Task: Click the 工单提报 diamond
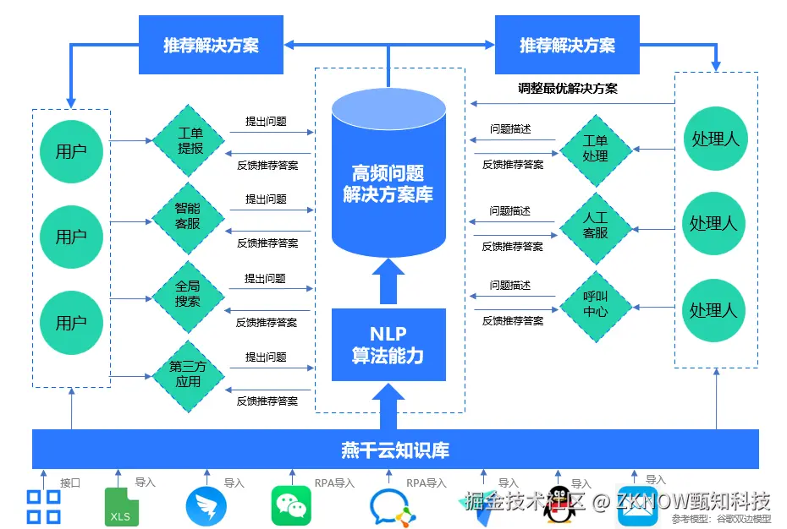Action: pos(190,140)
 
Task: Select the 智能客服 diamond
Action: pos(188,217)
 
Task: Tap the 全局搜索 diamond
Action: pos(188,296)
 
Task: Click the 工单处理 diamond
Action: pos(596,150)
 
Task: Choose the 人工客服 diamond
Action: pos(596,226)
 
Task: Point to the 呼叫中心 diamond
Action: pos(596,304)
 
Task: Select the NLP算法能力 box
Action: pos(388,345)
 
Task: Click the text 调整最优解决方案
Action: pos(568,88)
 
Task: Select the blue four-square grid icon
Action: pos(44,506)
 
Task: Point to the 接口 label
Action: pos(70,483)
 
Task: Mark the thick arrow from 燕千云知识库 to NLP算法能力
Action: pos(388,406)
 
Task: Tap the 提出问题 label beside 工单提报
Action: pos(266,121)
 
